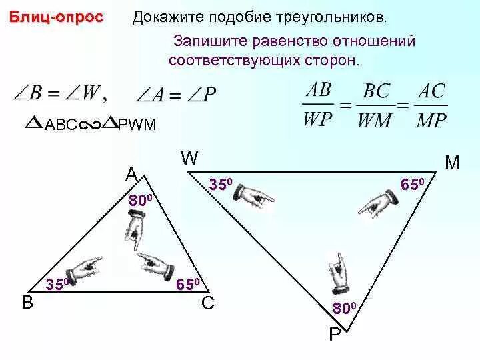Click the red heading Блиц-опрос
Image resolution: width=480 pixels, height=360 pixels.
[57, 17]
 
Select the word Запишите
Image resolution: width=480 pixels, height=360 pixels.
[205, 41]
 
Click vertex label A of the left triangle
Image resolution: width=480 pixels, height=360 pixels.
[131, 174]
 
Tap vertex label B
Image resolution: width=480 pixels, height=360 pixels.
[27, 303]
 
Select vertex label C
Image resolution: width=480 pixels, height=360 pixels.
[207, 303]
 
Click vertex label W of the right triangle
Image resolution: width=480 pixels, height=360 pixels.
[189, 159]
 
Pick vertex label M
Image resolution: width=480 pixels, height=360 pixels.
[453, 162]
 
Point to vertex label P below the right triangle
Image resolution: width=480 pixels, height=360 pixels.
[335, 333]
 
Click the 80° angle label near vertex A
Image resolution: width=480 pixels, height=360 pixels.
[141, 200]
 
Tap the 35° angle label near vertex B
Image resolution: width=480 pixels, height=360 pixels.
[58, 283]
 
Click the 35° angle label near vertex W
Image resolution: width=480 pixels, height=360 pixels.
[221, 184]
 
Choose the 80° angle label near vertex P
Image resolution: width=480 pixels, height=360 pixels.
[345, 308]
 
